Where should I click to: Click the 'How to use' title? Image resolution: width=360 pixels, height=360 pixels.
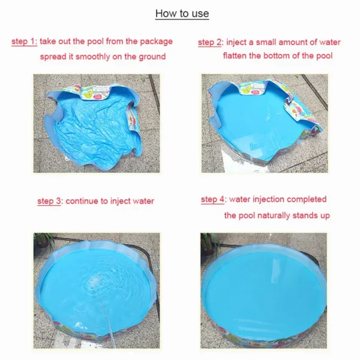pos(182,14)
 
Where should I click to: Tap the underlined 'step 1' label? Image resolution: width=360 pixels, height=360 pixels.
pos(24,41)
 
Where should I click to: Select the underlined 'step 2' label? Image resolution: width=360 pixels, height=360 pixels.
pos(209,43)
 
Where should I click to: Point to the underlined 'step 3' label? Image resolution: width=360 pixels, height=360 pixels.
pos(49,201)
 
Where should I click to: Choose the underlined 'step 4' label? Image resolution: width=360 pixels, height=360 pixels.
pos(212,199)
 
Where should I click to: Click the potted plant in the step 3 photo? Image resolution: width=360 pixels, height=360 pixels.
pos(43,240)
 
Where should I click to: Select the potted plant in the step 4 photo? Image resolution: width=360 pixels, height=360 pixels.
pos(208,244)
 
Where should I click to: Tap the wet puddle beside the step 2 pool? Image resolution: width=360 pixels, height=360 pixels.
pos(239,161)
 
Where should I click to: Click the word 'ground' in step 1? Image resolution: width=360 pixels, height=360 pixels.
pos(152,57)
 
